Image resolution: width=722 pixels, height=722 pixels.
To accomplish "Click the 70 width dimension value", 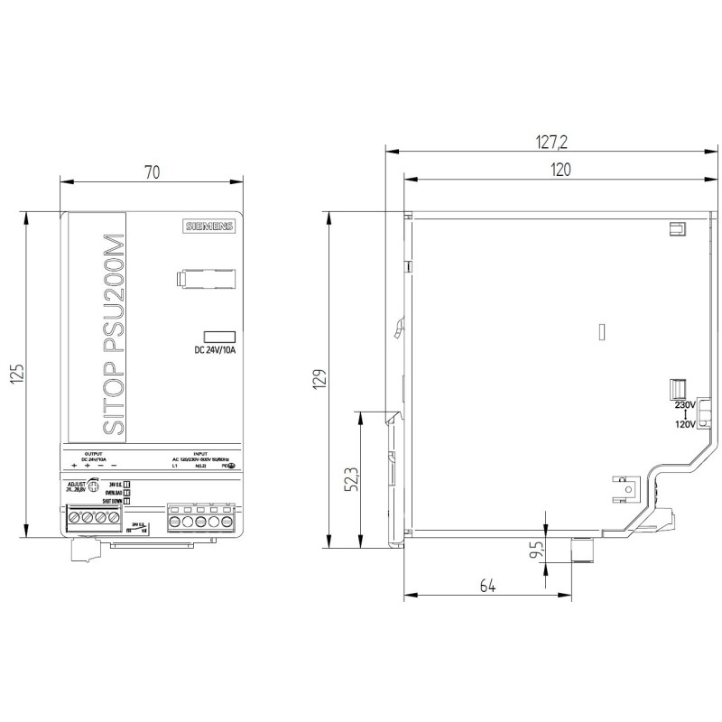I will [152, 172].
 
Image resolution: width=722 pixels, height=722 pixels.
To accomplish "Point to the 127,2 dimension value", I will [552, 142].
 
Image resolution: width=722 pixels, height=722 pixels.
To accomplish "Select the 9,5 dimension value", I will [539, 551].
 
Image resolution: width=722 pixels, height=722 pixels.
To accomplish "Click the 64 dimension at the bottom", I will [487, 587].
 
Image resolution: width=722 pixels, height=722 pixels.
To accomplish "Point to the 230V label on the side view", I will [686, 405].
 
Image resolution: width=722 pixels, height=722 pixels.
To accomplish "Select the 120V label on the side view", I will [686, 423].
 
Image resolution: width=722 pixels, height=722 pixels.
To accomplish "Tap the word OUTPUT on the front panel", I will [93, 453].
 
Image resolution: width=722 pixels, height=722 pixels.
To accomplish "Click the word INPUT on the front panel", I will [200, 453].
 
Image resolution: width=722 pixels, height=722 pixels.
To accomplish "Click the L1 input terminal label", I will [175, 465].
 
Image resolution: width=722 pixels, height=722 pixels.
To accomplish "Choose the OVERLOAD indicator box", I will [127, 493].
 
